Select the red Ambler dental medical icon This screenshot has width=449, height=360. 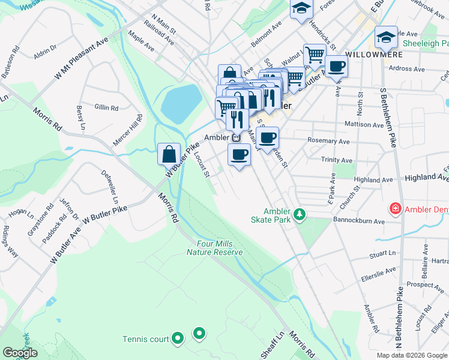coord(395,209)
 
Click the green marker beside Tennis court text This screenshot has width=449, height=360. coord(177,339)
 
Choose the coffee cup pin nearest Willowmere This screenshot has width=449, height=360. coord(336,66)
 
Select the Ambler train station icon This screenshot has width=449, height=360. coord(237,138)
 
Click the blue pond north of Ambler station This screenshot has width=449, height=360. coord(181,103)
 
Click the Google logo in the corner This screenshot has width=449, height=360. coord(20,353)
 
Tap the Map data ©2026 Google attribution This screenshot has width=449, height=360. coord(411,355)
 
